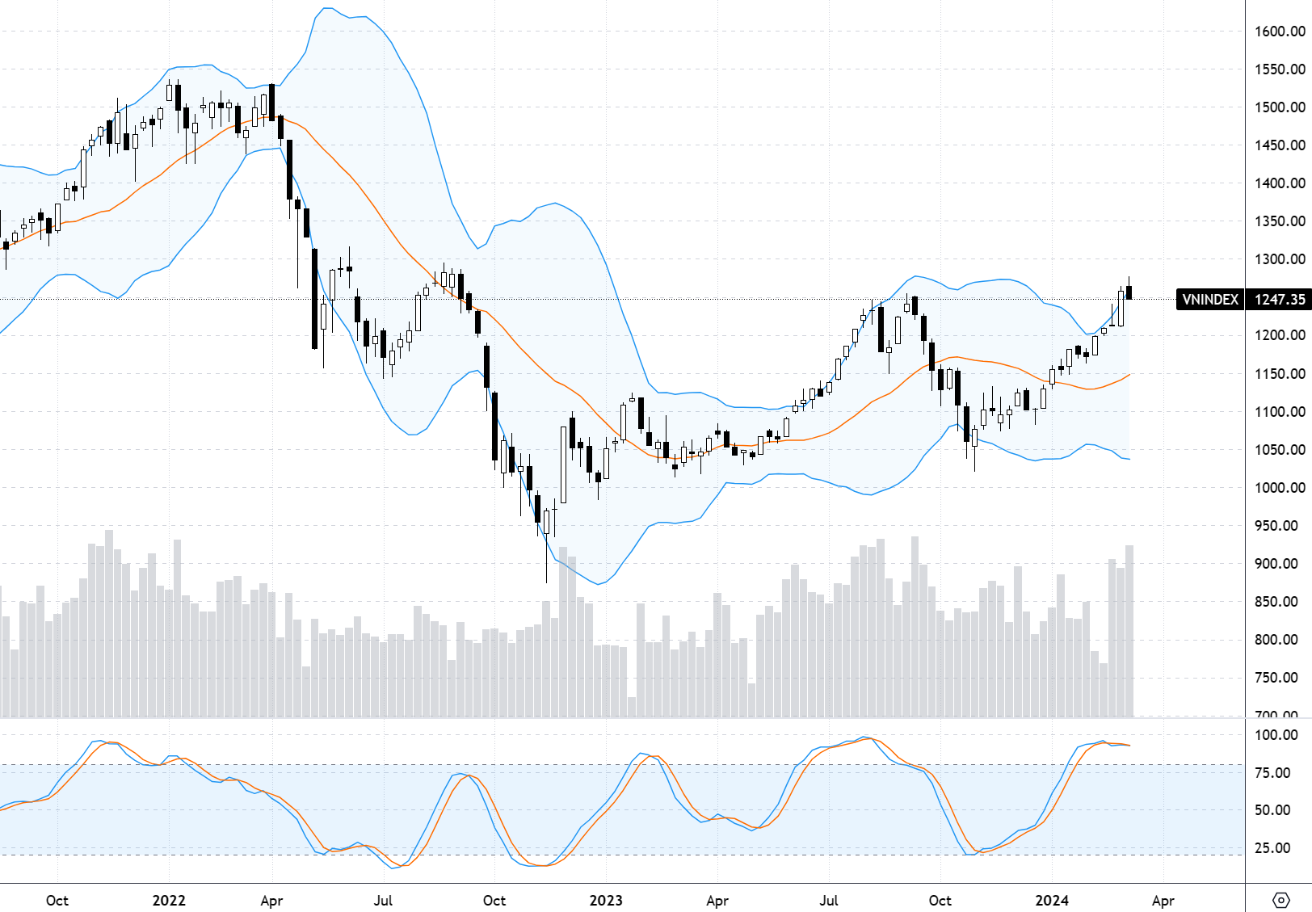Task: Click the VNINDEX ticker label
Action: coord(1209,300)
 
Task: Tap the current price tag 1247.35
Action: coord(1279,300)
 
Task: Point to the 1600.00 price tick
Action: coord(1280,32)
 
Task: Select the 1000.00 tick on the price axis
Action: coord(1280,488)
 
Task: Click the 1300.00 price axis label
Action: coord(1280,259)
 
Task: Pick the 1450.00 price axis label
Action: coord(1280,145)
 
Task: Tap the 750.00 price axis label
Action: coord(1280,678)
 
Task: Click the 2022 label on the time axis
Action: coord(169,901)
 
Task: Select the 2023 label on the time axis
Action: coord(606,901)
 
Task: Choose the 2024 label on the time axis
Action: coord(1052,901)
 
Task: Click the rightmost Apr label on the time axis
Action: coord(1163,901)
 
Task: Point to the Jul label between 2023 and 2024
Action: coord(829,901)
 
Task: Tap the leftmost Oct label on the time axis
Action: coord(57,901)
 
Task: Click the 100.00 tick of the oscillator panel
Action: coord(1276,735)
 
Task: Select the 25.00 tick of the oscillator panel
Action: coord(1276,848)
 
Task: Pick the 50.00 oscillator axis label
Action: coord(1276,810)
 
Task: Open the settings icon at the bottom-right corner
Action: coord(1281,900)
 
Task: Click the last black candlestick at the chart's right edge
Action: coord(1129,292)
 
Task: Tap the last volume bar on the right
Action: coord(1129,631)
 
